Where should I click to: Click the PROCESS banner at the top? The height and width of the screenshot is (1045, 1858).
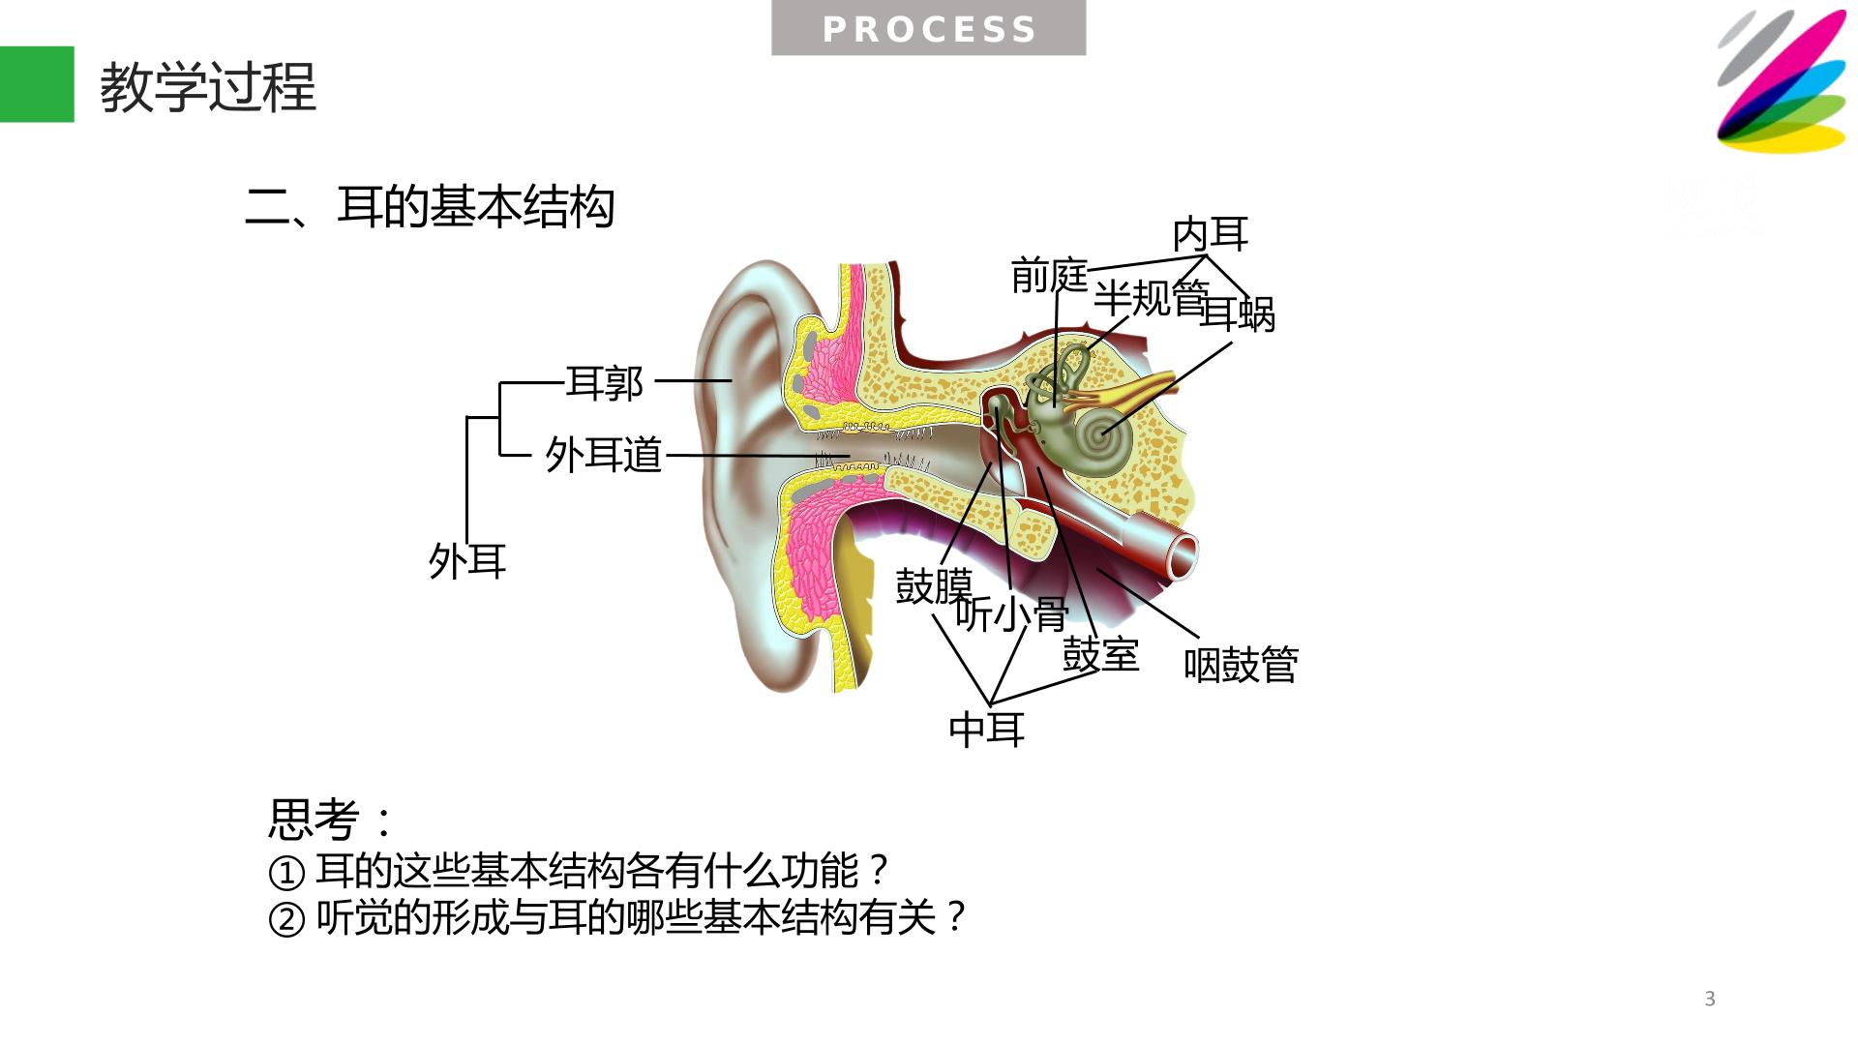(x=928, y=28)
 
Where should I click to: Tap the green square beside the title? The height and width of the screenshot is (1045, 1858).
(x=37, y=84)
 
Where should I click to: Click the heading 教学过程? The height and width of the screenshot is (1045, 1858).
(x=208, y=88)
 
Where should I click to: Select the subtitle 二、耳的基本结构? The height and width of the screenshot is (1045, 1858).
(x=431, y=206)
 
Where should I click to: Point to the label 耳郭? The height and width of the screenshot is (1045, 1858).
(x=605, y=383)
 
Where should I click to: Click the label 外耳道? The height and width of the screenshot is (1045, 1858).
(x=604, y=454)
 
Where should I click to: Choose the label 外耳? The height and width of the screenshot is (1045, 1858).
(x=467, y=561)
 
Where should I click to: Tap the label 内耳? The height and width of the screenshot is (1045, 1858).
(x=1211, y=234)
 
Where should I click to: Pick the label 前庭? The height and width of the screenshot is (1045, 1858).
(x=1050, y=276)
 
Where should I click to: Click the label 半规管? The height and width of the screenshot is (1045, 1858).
(x=1152, y=298)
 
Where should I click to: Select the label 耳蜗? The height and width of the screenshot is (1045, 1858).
(x=1238, y=313)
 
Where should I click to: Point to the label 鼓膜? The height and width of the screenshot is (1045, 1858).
(x=934, y=586)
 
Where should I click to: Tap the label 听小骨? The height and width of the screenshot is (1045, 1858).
(x=1012, y=613)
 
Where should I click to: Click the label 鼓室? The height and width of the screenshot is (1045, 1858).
(x=1101, y=655)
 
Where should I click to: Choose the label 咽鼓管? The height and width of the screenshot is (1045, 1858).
(x=1242, y=665)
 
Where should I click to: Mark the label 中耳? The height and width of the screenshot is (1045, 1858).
(x=987, y=729)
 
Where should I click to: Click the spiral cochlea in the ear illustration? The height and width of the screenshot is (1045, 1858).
(x=1103, y=440)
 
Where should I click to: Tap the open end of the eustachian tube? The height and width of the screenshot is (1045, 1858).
(x=1184, y=556)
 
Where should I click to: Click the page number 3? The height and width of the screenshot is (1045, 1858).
(x=1710, y=1000)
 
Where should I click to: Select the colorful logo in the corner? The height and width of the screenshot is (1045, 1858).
(x=1782, y=81)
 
